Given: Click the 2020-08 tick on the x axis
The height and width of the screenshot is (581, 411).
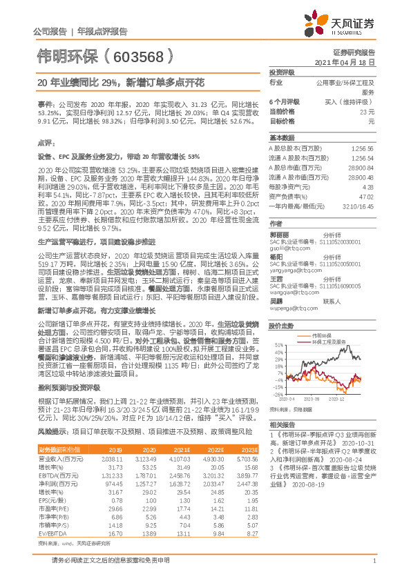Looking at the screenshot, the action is [x=312, y=398].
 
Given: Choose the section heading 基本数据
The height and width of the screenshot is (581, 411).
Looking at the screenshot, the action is [x=281, y=137].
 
